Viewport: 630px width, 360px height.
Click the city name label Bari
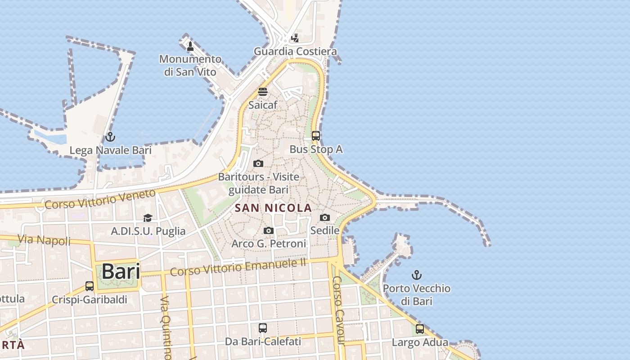tap(121, 271)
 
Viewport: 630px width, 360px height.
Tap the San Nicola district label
tap(274, 208)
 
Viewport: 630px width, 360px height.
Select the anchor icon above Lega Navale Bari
tap(110, 137)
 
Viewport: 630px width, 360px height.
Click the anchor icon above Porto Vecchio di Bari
tap(417, 274)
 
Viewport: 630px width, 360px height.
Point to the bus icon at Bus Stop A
tap(316, 135)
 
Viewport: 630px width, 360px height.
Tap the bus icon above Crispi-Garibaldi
tap(90, 286)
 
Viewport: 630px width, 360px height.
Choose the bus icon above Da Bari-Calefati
tap(263, 328)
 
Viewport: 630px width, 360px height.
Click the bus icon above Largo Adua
tap(420, 329)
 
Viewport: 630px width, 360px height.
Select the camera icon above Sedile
tap(324, 218)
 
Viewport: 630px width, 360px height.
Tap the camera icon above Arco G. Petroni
tap(269, 231)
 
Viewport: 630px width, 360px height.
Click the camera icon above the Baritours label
tap(258, 163)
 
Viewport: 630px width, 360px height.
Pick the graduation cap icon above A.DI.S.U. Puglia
tap(148, 218)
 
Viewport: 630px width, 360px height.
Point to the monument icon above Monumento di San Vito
tap(190, 46)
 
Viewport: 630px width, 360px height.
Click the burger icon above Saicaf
tap(263, 92)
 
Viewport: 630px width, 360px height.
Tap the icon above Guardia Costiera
tap(295, 38)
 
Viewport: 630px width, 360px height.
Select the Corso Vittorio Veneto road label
tap(100, 199)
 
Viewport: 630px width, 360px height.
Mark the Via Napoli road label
tap(44, 240)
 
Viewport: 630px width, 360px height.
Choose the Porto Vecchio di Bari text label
tap(417, 294)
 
